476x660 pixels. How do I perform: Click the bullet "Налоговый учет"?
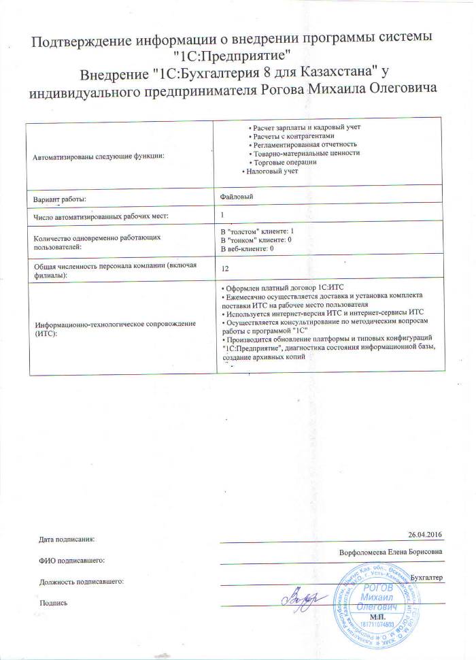(271, 171)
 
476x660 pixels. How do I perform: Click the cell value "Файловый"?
(237, 196)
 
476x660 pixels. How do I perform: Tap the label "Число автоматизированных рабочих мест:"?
(100, 216)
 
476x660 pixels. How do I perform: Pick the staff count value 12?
(225, 268)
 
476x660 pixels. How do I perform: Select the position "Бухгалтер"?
(427, 577)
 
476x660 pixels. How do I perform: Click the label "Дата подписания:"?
(67, 540)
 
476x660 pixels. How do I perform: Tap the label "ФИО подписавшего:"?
(71, 561)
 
